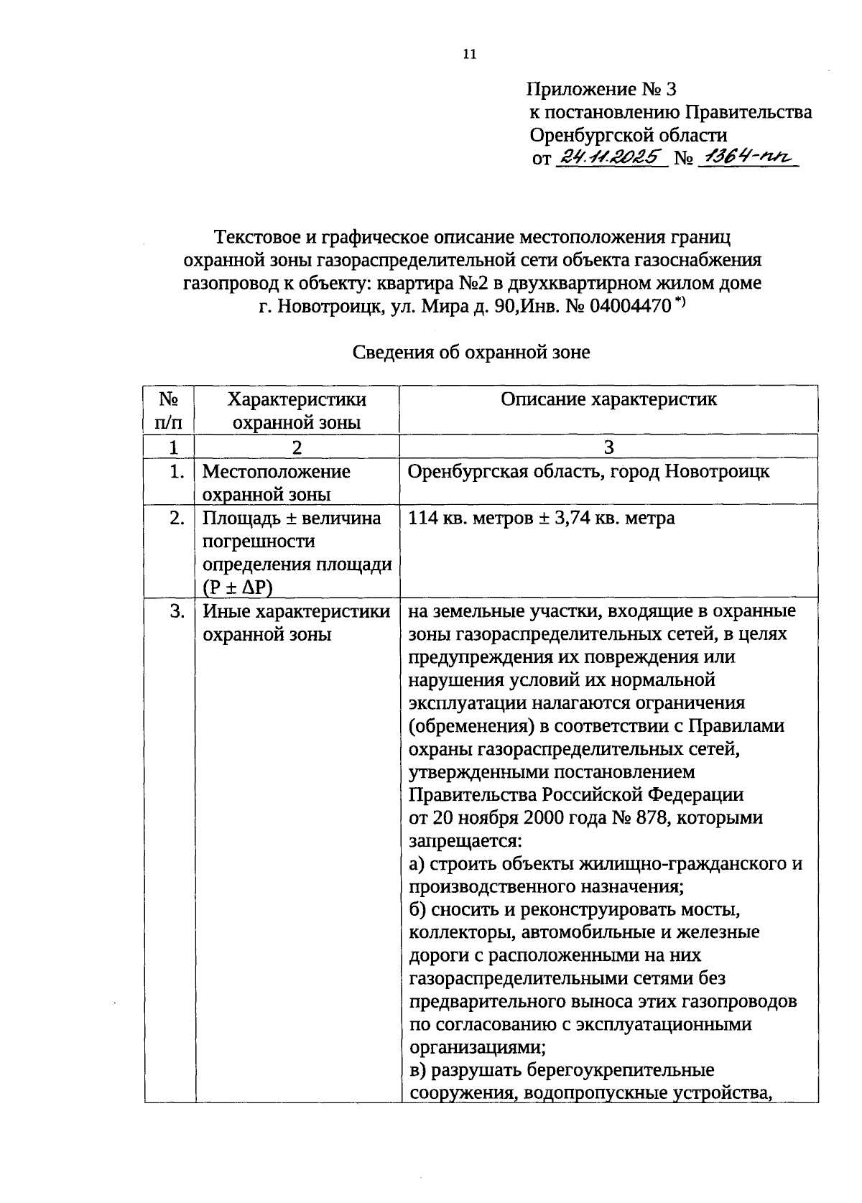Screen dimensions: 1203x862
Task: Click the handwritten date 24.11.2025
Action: [x=611, y=157]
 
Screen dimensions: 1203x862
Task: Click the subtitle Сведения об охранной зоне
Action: [x=471, y=352]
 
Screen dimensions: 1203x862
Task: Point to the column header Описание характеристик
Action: [x=608, y=400]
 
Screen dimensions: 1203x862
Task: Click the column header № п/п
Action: [x=169, y=411]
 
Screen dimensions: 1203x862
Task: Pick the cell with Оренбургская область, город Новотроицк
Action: [x=588, y=472]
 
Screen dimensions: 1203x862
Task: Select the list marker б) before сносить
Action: [x=418, y=909]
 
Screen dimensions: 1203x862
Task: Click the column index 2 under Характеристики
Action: [x=297, y=447]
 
